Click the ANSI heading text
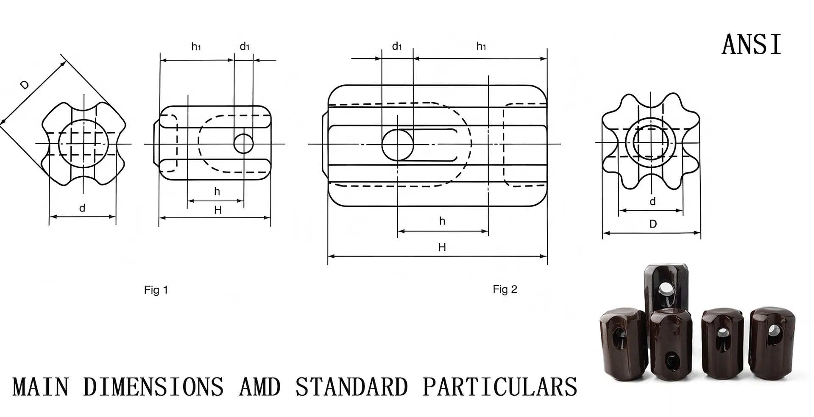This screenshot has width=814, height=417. tap(751, 44)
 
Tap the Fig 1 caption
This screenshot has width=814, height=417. tap(156, 290)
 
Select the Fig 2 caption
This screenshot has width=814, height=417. tap(505, 289)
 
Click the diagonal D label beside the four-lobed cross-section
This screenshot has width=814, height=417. tap(25, 85)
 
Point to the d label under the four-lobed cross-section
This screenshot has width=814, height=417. tap(82, 208)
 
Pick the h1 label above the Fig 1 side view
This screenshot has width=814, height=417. tap(196, 46)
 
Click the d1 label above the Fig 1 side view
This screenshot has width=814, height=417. tap(245, 46)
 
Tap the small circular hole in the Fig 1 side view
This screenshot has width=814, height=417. tap(244, 144)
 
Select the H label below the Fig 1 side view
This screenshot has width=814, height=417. tap(218, 210)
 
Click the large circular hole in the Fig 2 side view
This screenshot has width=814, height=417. tap(398, 145)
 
